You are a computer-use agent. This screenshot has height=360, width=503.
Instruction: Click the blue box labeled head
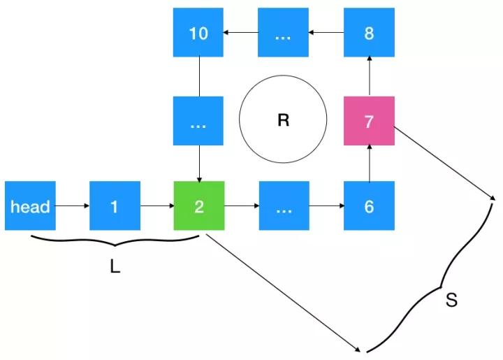click(x=30, y=206)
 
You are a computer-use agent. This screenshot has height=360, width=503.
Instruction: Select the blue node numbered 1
click(x=115, y=206)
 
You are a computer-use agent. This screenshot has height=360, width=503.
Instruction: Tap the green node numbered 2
click(x=199, y=206)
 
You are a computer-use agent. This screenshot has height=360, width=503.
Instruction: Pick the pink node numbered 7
click(x=369, y=121)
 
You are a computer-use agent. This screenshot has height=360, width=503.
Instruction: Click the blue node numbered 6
click(x=369, y=206)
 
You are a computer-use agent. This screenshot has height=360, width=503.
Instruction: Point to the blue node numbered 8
click(x=369, y=33)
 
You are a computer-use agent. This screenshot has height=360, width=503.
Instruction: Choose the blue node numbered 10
click(x=199, y=33)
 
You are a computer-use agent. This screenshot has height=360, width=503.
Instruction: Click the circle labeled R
click(x=283, y=121)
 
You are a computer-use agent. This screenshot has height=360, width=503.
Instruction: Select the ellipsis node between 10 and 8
click(x=283, y=33)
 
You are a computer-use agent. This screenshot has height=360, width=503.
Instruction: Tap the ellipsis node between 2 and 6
click(x=283, y=206)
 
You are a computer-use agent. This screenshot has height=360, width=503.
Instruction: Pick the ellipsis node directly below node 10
click(x=199, y=121)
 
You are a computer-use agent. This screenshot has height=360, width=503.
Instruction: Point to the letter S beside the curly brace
click(x=451, y=301)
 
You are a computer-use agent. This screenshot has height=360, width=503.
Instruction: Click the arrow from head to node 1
click(x=73, y=206)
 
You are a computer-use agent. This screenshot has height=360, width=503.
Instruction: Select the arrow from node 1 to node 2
click(x=157, y=206)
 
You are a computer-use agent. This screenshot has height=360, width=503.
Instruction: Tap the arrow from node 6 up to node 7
click(x=369, y=164)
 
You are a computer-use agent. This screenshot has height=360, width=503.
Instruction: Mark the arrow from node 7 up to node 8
click(x=369, y=77)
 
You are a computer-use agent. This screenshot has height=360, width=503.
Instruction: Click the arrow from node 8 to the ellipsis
click(x=326, y=33)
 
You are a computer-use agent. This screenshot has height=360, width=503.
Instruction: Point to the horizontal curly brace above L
click(x=115, y=242)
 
